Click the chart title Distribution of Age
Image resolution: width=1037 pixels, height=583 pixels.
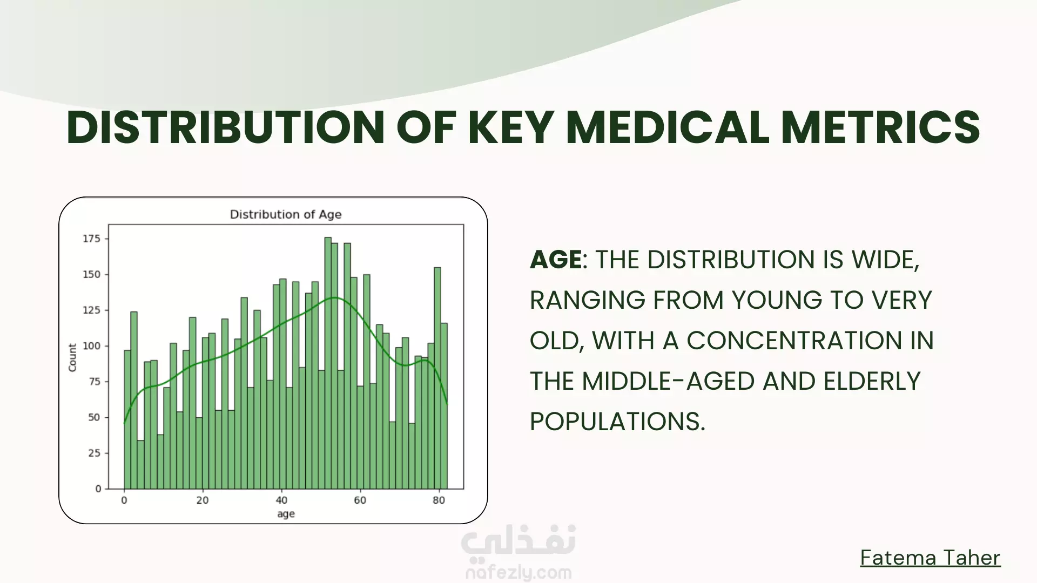click(286, 214)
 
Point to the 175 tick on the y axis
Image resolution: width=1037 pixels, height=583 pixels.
click(91, 239)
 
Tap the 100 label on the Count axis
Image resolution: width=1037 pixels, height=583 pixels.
click(91, 346)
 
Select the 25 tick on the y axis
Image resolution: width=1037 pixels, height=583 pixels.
click(95, 453)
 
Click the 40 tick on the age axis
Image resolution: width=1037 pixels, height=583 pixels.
click(281, 500)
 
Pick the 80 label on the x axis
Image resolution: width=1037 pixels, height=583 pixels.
click(439, 500)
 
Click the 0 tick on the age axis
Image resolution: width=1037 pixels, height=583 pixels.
click(124, 500)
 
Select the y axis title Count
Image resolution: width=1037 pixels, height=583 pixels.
click(72, 357)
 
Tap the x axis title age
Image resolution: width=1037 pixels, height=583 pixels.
click(286, 514)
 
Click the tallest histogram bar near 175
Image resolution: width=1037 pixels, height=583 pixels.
click(328, 363)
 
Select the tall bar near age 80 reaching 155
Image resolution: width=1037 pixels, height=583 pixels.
click(437, 378)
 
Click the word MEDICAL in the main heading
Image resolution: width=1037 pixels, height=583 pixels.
click(667, 127)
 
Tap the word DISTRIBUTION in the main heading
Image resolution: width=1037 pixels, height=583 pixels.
click(225, 127)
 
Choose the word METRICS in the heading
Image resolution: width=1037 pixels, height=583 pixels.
click(880, 127)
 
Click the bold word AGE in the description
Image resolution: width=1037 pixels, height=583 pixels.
click(556, 260)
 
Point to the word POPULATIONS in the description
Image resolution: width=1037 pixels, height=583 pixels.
click(617, 422)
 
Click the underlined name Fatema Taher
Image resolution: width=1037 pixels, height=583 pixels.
click(930, 558)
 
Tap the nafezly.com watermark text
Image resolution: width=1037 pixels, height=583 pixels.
click(518, 572)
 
